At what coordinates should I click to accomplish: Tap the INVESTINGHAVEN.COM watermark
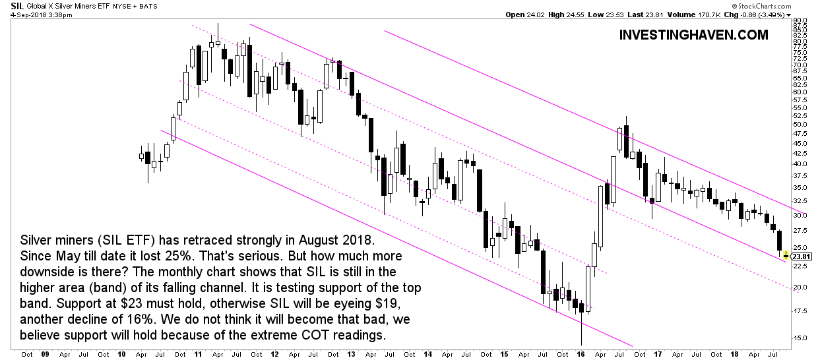click(x=694, y=35)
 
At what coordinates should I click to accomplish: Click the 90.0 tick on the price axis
click(x=800, y=20)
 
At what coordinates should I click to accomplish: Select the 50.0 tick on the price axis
click(x=800, y=124)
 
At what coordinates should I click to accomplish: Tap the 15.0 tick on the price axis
click(x=800, y=338)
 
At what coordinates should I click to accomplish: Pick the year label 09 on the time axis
click(x=45, y=353)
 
